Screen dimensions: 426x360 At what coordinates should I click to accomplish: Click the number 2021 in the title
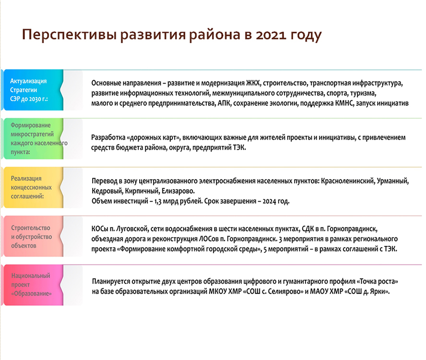[x=271, y=35]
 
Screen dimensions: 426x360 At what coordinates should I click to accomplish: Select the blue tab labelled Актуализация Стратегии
[x=34, y=90]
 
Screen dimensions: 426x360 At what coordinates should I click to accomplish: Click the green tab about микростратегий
[x=34, y=139]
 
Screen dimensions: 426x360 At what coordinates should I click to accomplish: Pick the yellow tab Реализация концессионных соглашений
[x=34, y=187]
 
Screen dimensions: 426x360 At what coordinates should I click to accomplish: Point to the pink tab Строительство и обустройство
[x=34, y=236]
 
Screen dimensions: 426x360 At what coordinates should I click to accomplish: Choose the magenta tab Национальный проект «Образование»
[x=34, y=285]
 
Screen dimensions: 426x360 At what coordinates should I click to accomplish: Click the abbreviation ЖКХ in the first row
[x=253, y=83]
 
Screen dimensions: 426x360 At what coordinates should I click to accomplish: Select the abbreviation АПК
[x=224, y=103]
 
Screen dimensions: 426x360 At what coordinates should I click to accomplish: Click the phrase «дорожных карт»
[x=154, y=138]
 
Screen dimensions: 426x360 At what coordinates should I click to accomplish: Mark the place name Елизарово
[x=177, y=191]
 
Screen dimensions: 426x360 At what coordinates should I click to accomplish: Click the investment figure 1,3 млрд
[x=163, y=202]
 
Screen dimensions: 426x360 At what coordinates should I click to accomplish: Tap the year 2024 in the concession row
[x=269, y=202]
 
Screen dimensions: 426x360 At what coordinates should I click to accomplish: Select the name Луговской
[x=132, y=229]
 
